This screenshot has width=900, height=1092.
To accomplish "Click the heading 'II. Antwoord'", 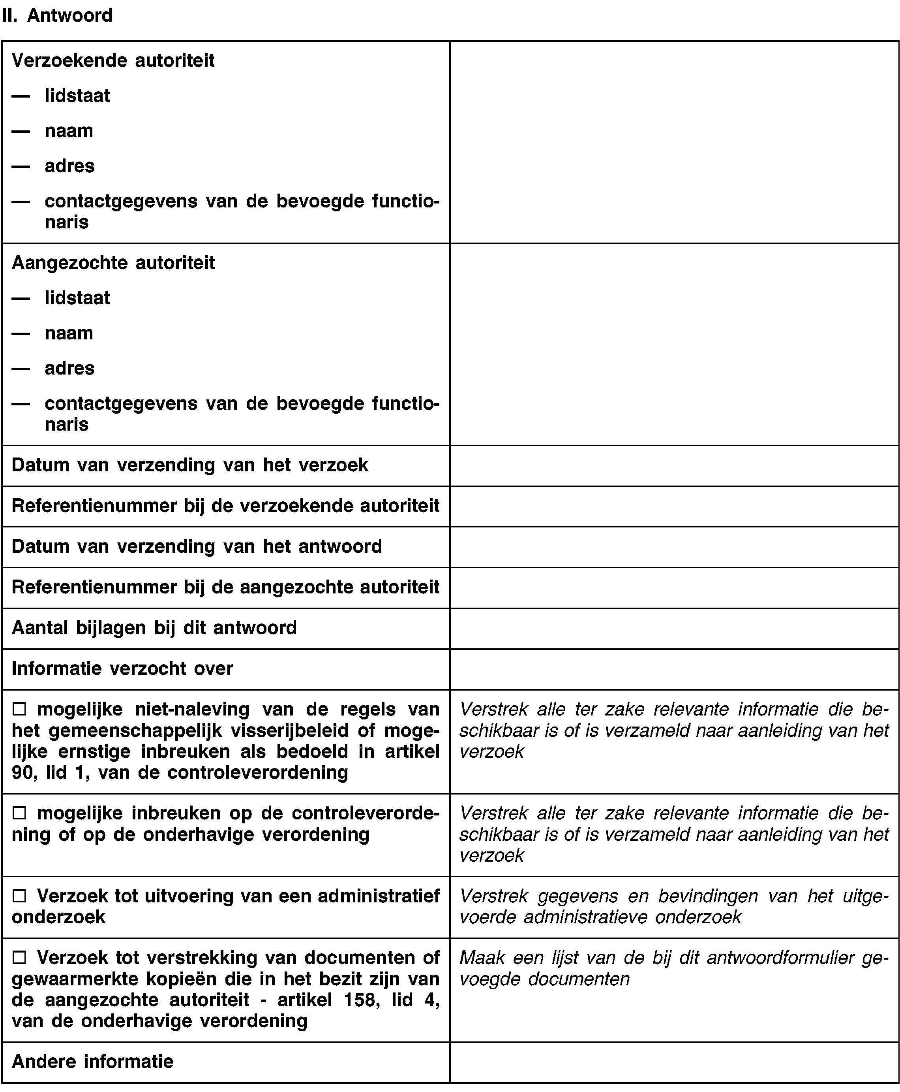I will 57,15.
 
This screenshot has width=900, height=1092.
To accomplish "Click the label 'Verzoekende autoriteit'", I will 113,61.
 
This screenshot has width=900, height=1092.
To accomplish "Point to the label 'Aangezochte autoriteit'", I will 113,263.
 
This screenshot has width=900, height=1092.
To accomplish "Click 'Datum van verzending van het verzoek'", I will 190,465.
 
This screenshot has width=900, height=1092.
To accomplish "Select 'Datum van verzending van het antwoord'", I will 197,546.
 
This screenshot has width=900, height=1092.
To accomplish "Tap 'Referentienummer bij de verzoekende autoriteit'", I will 225,506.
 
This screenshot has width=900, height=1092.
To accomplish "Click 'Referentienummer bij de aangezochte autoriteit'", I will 225,587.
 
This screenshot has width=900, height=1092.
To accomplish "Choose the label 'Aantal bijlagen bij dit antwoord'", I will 154,628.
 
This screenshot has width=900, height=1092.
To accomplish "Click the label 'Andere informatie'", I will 92,1062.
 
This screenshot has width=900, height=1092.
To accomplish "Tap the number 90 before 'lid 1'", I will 22,772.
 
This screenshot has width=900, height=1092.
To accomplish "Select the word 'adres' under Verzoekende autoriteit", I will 69,166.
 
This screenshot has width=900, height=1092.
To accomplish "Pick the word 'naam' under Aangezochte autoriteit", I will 69,333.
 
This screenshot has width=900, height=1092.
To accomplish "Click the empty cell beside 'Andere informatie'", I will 674,1062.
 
